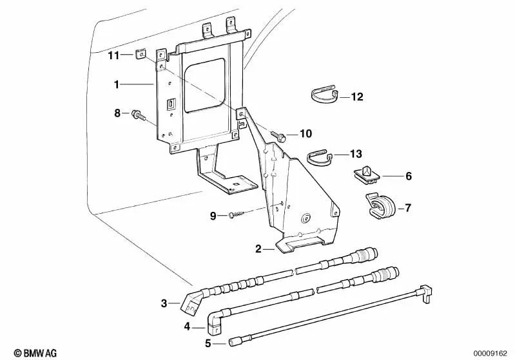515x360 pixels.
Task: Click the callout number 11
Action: click(x=113, y=56)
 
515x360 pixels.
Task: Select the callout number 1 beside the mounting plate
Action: click(x=117, y=84)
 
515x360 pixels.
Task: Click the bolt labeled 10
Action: click(x=278, y=136)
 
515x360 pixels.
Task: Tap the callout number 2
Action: click(x=258, y=249)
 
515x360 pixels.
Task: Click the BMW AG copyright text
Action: click(x=26, y=353)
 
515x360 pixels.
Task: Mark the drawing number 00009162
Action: click(x=493, y=353)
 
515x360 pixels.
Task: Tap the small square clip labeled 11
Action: click(x=141, y=56)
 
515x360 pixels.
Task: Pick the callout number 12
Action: click(x=357, y=97)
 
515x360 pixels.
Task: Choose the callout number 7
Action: click(x=408, y=209)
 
